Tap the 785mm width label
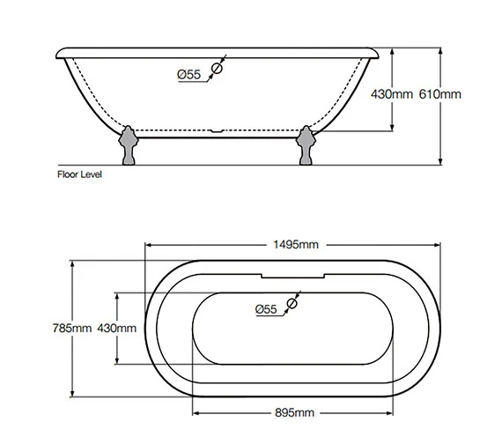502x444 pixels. click(73, 329)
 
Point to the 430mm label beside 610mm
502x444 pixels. click(391, 93)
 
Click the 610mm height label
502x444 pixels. click(441, 93)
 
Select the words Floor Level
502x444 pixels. click(79, 174)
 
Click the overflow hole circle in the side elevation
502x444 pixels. click(218, 67)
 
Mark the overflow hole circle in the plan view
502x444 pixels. click(293, 302)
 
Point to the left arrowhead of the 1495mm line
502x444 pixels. click(148, 244)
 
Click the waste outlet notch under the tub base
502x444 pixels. click(217, 135)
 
